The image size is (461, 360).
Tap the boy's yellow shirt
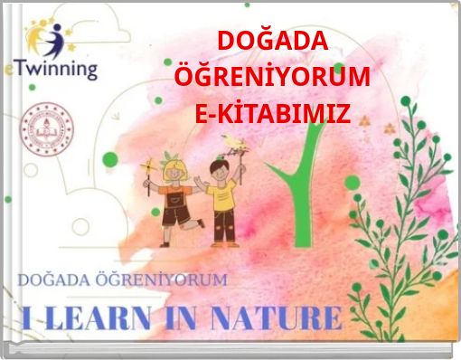(x=223, y=194)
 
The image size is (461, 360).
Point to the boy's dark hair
(x=219, y=166)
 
